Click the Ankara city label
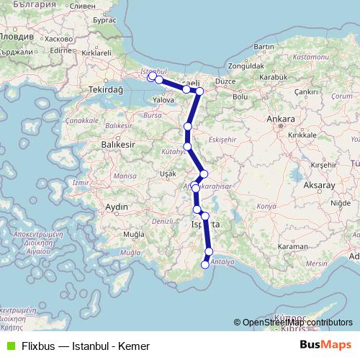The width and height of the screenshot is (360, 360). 281,119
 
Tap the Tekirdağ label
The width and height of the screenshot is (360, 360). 102,90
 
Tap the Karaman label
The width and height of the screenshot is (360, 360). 292,246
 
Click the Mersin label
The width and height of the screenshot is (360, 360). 315,264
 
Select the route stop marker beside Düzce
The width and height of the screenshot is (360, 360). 200,91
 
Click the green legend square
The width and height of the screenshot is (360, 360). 9,346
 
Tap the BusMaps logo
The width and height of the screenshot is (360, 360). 325,346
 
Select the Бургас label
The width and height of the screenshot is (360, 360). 104,20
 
